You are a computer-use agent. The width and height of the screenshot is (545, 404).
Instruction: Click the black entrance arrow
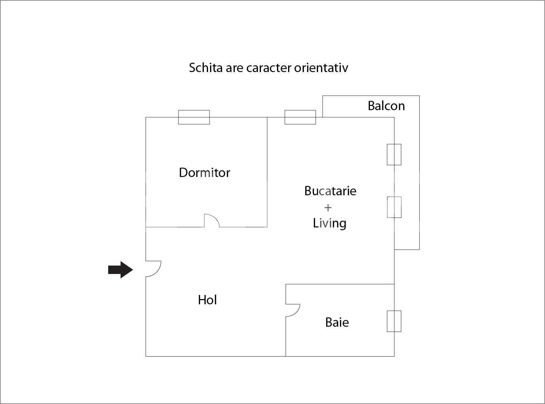click(x=121, y=270)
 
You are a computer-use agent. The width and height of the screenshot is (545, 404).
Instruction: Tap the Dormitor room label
click(x=205, y=173)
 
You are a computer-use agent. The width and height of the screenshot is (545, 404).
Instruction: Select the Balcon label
click(x=386, y=106)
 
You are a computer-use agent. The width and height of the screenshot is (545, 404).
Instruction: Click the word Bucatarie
click(x=330, y=191)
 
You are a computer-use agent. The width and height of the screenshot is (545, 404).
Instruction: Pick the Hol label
click(x=208, y=300)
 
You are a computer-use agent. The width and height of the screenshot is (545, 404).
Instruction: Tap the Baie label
click(x=337, y=322)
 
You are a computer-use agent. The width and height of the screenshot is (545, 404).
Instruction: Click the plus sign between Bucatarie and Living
click(x=328, y=208)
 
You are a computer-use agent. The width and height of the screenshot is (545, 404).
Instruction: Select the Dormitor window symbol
click(x=194, y=117)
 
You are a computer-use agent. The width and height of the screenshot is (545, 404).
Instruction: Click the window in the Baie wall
click(x=394, y=321)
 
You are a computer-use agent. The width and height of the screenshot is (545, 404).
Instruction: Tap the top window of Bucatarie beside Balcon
click(x=300, y=117)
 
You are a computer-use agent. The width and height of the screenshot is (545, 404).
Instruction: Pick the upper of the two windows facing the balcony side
click(x=394, y=155)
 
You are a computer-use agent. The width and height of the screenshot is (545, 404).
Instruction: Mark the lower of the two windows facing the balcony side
click(x=394, y=207)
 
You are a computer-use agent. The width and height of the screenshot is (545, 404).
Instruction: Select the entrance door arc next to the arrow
click(x=153, y=269)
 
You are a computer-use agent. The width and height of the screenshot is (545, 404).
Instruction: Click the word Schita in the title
click(x=206, y=68)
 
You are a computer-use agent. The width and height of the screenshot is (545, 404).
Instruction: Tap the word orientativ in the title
click(x=321, y=68)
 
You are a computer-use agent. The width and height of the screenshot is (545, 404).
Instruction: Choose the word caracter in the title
click(x=269, y=68)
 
